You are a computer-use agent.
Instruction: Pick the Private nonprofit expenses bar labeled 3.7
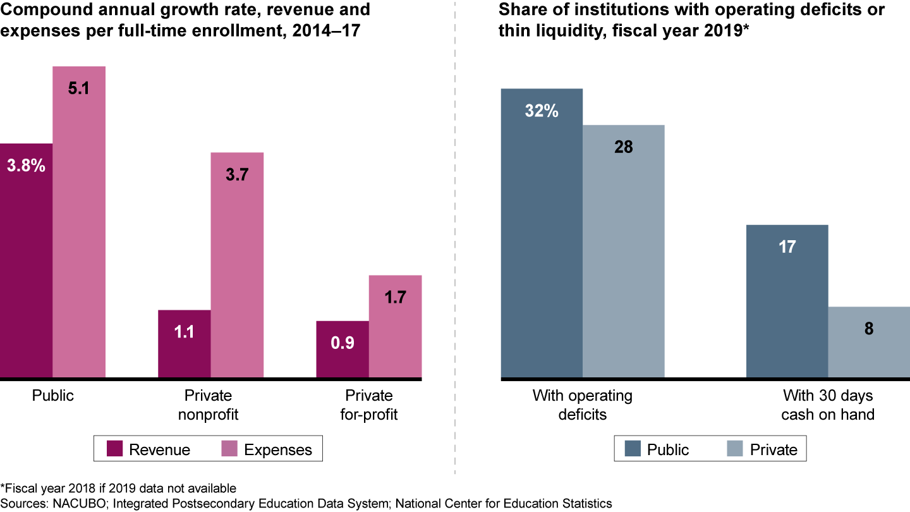[x=236, y=265]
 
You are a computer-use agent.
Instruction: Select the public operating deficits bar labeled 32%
[x=542, y=234]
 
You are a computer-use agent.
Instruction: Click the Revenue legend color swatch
[x=114, y=449]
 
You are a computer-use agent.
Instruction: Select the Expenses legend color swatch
[x=229, y=449]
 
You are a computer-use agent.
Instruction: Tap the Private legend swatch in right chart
[x=735, y=449]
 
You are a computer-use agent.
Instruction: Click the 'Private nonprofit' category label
[x=208, y=405]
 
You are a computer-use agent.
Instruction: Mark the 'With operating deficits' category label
[x=582, y=405]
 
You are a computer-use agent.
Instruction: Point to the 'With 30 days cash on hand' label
[x=827, y=405]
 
